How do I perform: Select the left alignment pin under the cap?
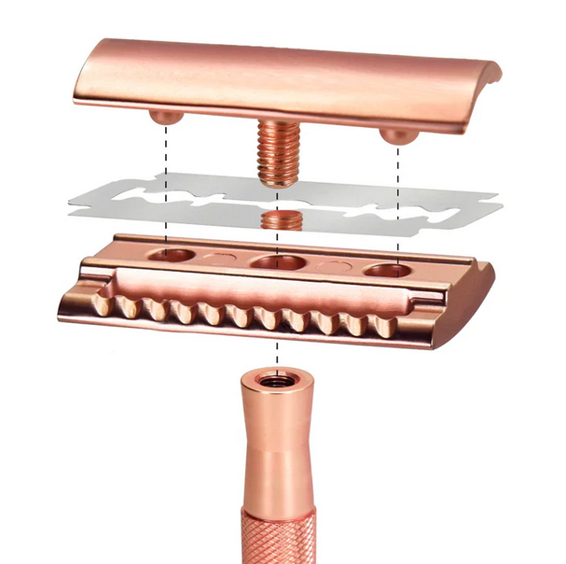[x=166, y=117]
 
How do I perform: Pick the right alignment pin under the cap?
[x=399, y=134]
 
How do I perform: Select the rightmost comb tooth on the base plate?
[x=383, y=327]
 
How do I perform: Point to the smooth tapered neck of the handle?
[x=276, y=439]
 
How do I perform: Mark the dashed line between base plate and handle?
[x=278, y=358]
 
